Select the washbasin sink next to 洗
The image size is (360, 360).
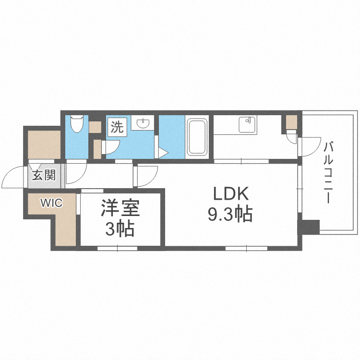coord(143,124)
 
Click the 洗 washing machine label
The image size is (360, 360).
coord(117,127)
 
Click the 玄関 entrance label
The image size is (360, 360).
coord(44,175)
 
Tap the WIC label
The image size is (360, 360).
coord(51,203)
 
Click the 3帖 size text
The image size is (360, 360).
coord(120,229)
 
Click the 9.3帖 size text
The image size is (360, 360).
coord(230,215)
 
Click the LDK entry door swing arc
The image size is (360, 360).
coord(147,176)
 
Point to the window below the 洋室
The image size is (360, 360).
coord(117,249)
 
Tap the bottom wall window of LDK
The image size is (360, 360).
coord(246,249)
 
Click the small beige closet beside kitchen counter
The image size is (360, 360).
coord(291,122)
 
